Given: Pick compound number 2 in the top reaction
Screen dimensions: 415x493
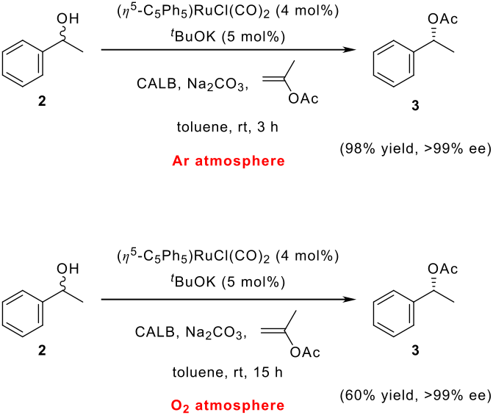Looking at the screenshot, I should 41,106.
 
